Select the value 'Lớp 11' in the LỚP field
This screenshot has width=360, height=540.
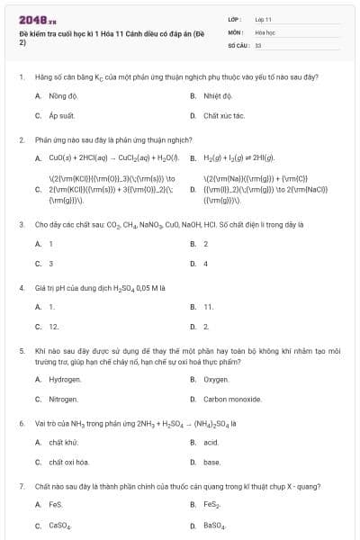(265, 19)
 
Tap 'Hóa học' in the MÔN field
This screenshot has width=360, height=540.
(265, 31)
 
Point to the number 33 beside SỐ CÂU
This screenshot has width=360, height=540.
(258, 44)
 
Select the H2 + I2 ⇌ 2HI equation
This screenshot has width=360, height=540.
(238, 157)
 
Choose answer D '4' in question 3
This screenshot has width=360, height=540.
(206, 264)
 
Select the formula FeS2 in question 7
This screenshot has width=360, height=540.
(211, 505)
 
